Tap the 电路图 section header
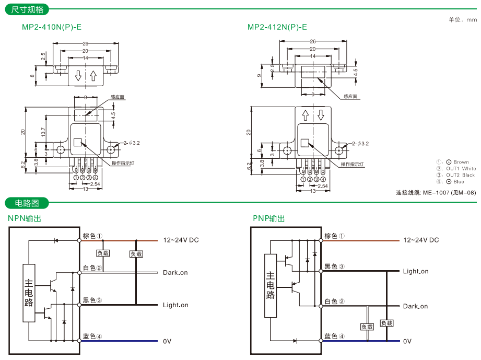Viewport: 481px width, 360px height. (27, 203)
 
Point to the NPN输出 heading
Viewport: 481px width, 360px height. (25, 218)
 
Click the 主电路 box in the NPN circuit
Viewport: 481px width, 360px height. (29, 293)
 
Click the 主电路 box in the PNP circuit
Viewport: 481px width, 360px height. (270, 285)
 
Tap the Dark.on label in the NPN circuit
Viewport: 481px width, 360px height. (175, 273)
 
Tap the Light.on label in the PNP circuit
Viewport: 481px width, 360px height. (415, 272)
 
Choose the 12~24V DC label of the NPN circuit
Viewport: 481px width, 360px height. (181, 240)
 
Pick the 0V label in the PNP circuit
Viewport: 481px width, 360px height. (407, 341)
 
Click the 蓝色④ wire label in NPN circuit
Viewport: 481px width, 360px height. (92, 336)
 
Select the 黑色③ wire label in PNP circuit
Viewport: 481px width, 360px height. (334, 266)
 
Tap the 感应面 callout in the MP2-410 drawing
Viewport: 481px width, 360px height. (118, 97)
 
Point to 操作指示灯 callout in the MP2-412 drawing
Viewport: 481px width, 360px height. (352, 164)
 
